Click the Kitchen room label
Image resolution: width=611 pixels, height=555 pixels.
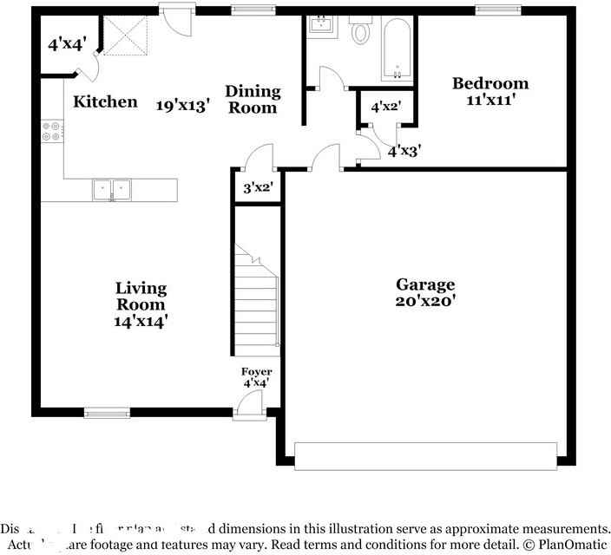[x=105, y=101]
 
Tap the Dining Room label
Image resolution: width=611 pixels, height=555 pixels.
[x=253, y=99]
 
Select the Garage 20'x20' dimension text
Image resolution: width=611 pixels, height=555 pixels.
[x=425, y=303]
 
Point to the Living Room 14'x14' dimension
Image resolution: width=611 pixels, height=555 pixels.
[x=141, y=321]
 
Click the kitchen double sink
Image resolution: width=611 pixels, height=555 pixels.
[x=111, y=189]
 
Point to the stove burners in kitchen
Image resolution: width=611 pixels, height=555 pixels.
[x=51, y=131]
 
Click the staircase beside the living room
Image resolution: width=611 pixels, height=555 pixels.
[x=256, y=295]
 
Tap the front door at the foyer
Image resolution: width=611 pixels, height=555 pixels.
[x=250, y=406]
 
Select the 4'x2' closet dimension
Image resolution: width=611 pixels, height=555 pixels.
[x=384, y=108]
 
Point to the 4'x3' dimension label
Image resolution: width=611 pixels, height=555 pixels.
[x=404, y=151]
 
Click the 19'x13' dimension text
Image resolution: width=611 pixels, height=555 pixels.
[x=183, y=106]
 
